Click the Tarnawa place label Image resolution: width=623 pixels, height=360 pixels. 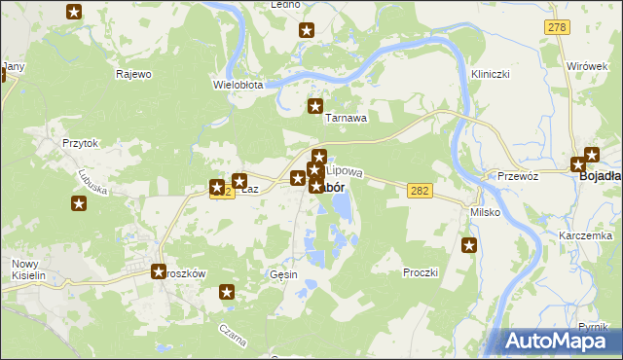[346, 118]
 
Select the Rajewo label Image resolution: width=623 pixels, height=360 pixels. [133, 74]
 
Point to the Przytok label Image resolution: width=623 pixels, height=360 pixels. [81, 142]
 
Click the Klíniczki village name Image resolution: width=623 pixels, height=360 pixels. [491, 74]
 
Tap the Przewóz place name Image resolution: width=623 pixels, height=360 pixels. [518, 177]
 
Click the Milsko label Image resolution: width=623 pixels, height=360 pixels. [485, 212]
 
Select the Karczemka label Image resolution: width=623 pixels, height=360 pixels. [585, 236]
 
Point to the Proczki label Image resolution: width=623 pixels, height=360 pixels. [421, 273]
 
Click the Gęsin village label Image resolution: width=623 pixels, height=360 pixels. [283, 274]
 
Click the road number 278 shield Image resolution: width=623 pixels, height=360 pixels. [557, 27]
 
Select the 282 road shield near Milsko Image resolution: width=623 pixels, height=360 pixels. [420, 194]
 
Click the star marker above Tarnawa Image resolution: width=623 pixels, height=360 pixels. [314, 106]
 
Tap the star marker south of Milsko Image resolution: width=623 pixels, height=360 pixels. [469, 246]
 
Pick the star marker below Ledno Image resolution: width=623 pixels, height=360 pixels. [306, 30]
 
